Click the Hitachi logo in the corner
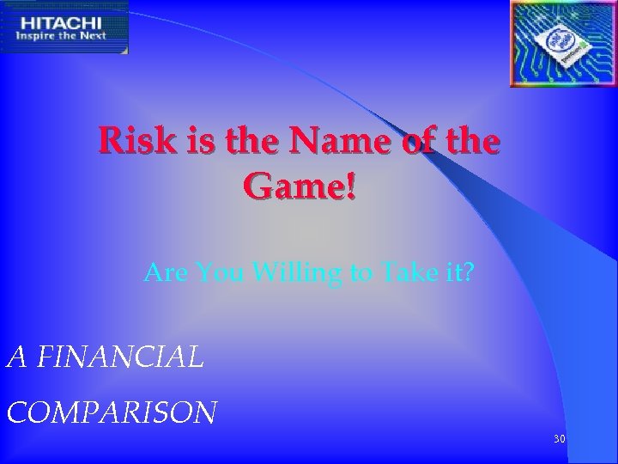tap(64, 27)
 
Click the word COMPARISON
tap(112, 412)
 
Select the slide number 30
tap(560, 439)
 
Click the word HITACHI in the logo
tap(60, 21)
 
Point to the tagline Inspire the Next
tap(61, 35)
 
